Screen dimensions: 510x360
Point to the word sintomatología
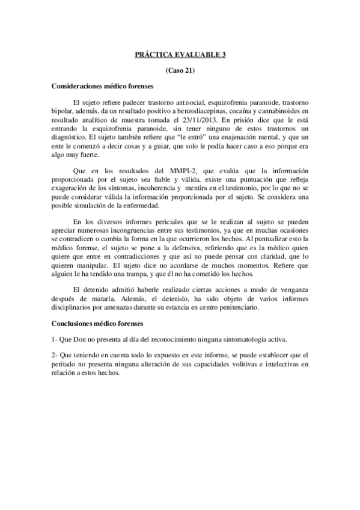[236, 339]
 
